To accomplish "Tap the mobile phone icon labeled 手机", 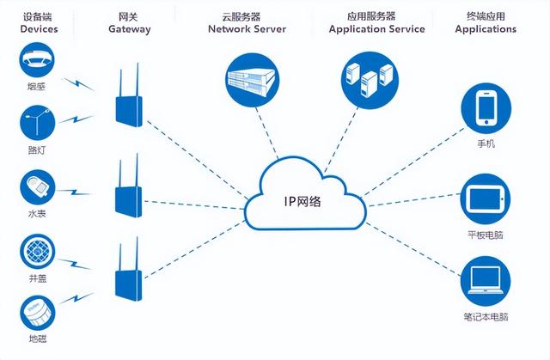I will point(486,110).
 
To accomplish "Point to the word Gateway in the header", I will point(130,29).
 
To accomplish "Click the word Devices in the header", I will point(39,29).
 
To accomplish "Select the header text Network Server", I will point(248,28).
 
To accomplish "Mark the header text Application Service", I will point(376,28).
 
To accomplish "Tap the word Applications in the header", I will point(486,28).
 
